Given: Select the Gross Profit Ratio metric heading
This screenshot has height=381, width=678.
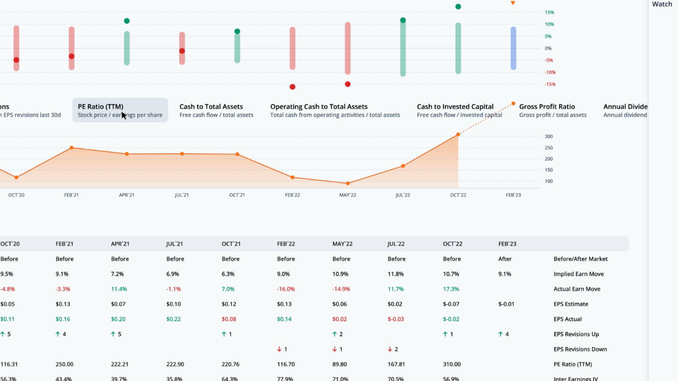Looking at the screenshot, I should pos(547,106).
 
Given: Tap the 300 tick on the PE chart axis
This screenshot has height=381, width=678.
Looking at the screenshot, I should pos(549,136).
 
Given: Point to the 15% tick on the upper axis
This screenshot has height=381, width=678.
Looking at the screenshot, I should pos(549,13).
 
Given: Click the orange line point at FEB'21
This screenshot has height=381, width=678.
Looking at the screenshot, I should pos(72,148).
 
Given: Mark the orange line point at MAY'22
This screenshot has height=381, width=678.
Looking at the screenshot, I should pos(348,183).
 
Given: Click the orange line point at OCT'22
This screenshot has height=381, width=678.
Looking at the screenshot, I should pos(458,135).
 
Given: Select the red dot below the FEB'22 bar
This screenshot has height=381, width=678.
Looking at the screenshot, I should pos(292,87).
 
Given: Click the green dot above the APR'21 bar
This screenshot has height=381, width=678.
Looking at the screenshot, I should pos(126,21).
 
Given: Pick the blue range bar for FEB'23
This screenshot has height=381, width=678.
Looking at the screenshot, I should pos(513,48).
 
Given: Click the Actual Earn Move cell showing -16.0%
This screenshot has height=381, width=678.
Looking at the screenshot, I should pos(286,289).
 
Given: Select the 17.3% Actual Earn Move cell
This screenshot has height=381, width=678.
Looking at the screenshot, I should pos(452,289).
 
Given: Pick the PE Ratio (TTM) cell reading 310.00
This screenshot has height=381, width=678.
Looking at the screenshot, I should pos(452,364).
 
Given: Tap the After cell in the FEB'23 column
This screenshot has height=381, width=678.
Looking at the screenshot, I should pos(505,259).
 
